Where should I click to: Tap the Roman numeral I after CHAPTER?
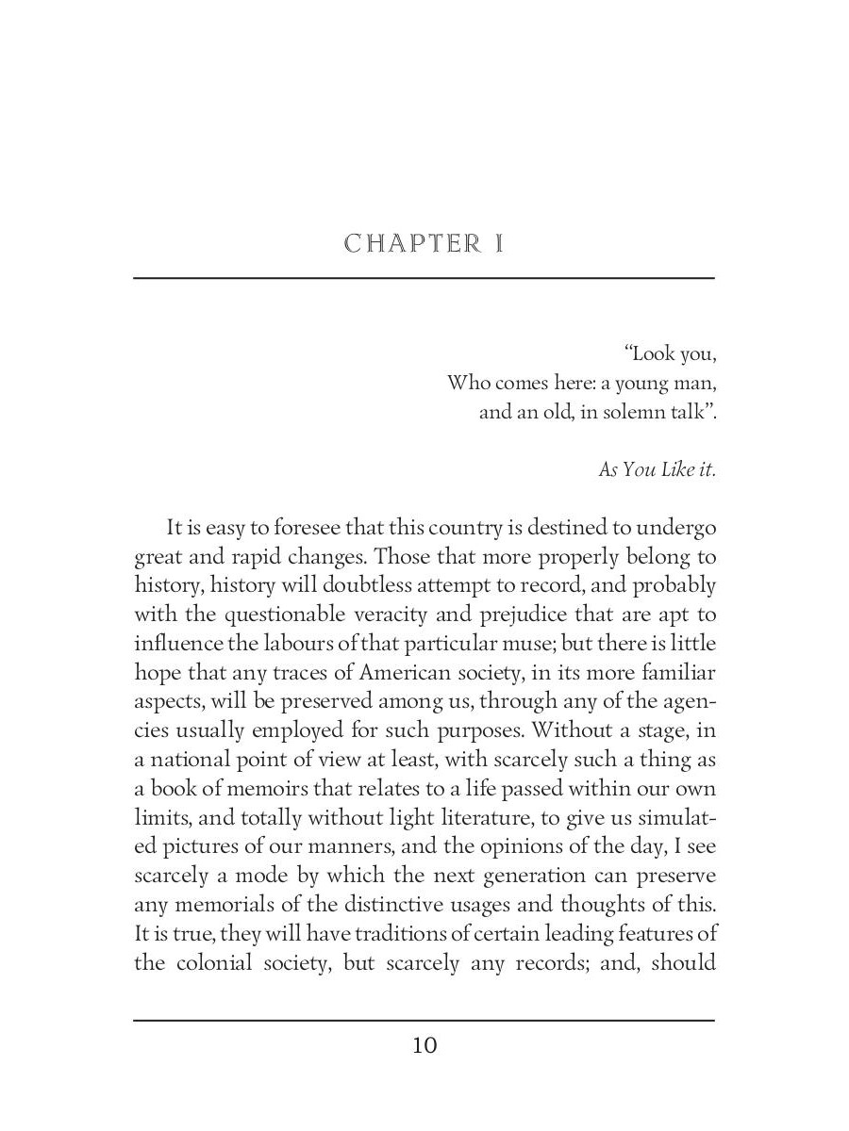[498, 244]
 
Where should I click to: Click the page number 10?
[424, 1045]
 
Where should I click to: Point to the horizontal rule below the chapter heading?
[424, 278]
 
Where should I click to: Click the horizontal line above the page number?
[424, 1020]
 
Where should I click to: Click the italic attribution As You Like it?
[657, 468]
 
